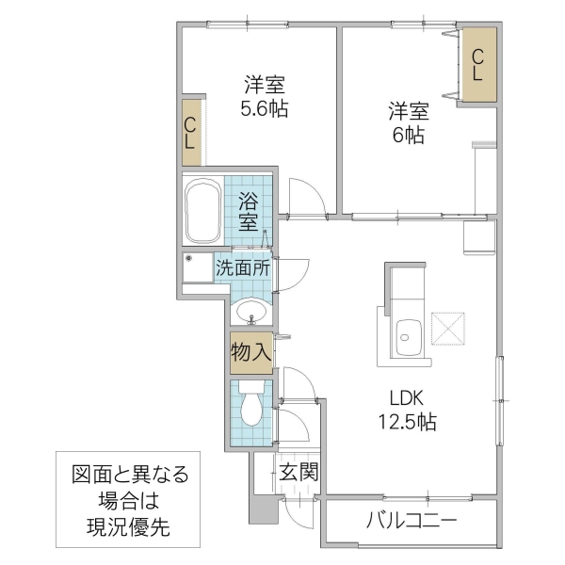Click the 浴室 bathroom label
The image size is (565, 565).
248,211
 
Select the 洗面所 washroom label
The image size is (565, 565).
244,266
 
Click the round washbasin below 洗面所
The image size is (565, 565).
251,312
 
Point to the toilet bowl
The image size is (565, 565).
251,408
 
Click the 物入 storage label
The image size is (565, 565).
251,353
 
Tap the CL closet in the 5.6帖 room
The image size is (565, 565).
191,133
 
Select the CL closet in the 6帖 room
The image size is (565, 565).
477,63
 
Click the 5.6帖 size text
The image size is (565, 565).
265,108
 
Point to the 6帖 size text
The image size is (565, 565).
409,135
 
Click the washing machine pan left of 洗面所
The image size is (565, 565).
198,269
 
